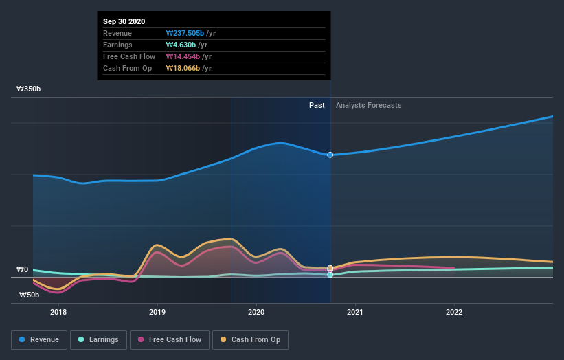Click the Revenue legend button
[x=39, y=339]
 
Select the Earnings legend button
[x=98, y=339]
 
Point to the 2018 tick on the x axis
[x=58, y=311]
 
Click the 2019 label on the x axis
[x=157, y=311]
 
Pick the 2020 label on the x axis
[x=256, y=311]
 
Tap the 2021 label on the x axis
[x=355, y=311]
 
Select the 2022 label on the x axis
[x=454, y=311]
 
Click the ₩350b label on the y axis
[x=29, y=89]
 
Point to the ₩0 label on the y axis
[x=23, y=270]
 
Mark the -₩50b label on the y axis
[x=27, y=295]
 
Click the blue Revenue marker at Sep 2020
[x=330, y=155]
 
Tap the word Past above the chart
[x=317, y=105]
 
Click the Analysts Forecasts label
[x=369, y=105]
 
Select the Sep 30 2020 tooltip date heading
[x=124, y=22]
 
